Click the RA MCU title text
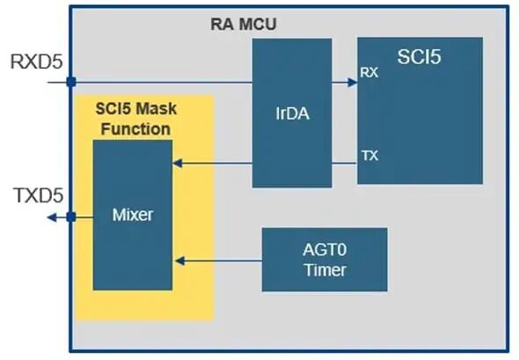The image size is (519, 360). [x=244, y=24]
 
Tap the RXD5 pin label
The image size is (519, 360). [x=36, y=62]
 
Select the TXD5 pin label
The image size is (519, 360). [x=39, y=195]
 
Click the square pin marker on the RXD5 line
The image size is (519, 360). [x=71, y=82]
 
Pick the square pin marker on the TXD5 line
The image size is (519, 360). [x=71, y=217]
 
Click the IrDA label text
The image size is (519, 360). [x=293, y=114]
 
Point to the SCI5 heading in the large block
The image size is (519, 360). [x=419, y=56]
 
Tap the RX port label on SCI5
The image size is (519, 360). [x=369, y=72]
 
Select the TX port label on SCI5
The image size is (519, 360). [x=369, y=155]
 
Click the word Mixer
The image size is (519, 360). [x=133, y=215]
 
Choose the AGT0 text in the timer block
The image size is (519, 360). [x=325, y=249]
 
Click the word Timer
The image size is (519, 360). [x=325, y=270]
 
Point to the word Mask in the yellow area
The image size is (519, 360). [x=157, y=108]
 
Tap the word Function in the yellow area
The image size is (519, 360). [x=135, y=129]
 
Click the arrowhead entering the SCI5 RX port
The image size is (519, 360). [x=353, y=82]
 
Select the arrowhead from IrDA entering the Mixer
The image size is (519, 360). [x=178, y=163]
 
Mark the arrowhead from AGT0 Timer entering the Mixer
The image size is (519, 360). [x=179, y=261]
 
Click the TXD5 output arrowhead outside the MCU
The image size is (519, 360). [x=52, y=217]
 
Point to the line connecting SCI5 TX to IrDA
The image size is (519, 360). [x=345, y=163]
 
